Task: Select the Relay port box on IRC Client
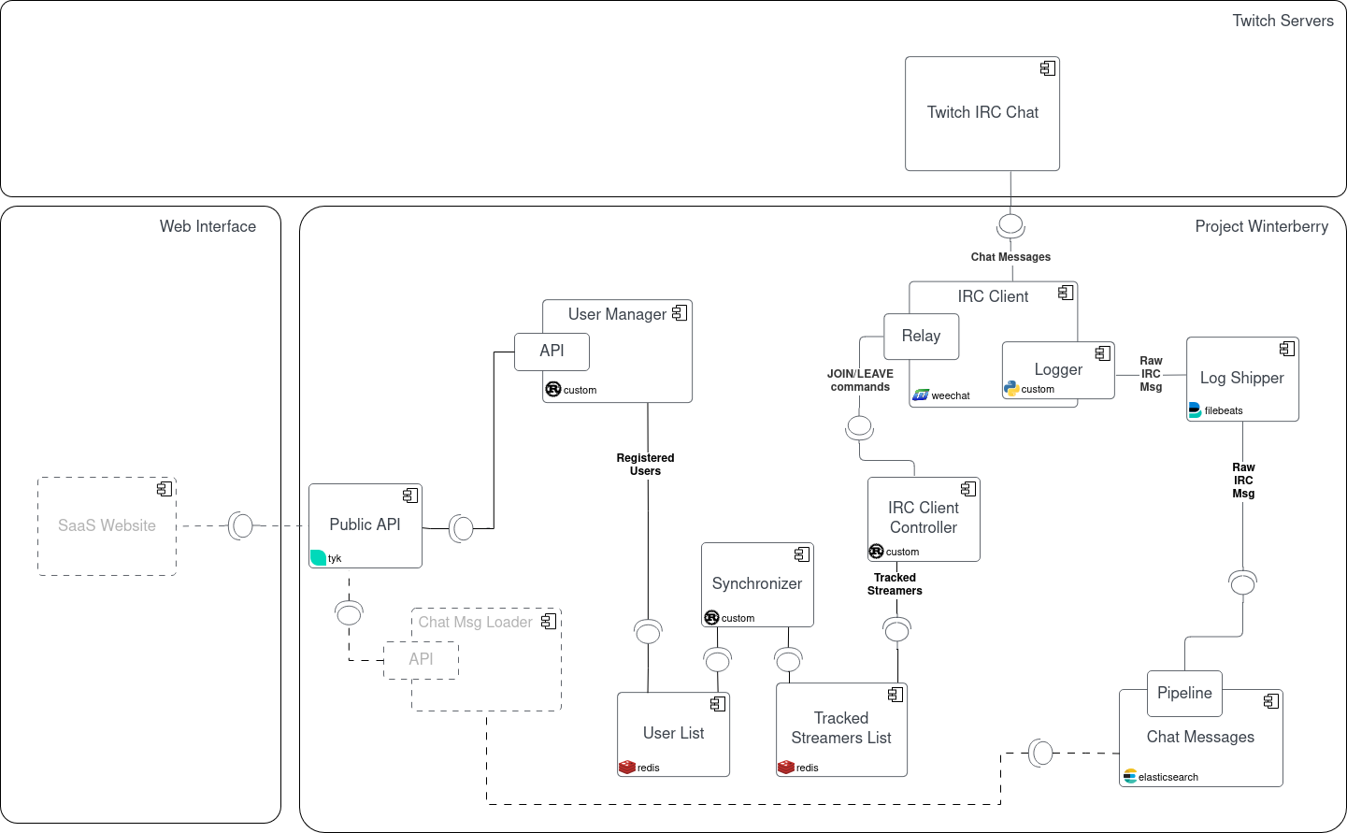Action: (x=921, y=336)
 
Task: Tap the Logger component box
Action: (x=1057, y=370)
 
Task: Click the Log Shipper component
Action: (x=1241, y=379)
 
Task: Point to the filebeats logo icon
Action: (x=1195, y=409)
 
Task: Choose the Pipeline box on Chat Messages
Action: (x=1184, y=693)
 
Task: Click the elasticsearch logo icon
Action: (x=1130, y=776)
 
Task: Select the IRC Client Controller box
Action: (x=923, y=518)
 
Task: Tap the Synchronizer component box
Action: (x=756, y=584)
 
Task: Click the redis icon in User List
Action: (x=626, y=767)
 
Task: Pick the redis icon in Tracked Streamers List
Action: (x=785, y=767)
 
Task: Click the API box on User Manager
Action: (x=552, y=351)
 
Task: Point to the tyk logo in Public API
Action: (x=318, y=557)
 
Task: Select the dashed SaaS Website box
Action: (x=107, y=525)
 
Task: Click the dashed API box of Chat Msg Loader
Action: (x=421, y=659)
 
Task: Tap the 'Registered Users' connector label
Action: (x=645, y=465)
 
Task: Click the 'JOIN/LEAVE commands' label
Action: (x=860, y=381)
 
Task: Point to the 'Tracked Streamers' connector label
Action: (x=895, y=584)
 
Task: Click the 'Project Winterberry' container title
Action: (x=1261, y=226)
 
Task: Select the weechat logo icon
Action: (x=921, y=395)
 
